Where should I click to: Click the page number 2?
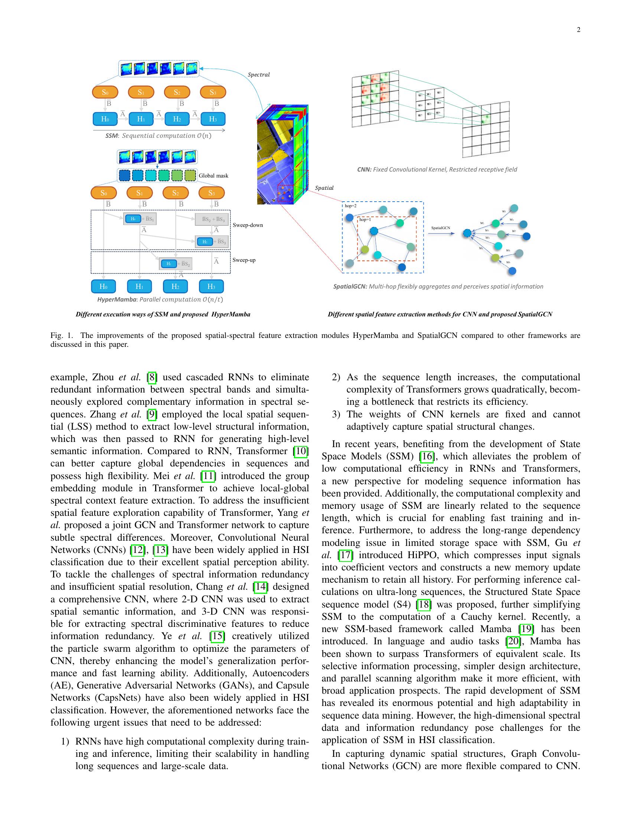pos(578,30)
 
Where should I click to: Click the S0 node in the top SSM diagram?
pos(105,92)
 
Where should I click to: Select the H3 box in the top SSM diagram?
pos(213,119)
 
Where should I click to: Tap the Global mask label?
pos(213,175)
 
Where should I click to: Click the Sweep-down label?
pos(248,225)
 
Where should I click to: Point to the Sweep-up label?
pos(244,260)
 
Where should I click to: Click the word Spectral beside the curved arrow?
pos(259,75)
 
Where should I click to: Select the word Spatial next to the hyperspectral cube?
pos(324,188)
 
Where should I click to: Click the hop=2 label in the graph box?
pos(351,206)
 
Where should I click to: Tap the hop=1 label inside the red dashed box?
pos(365,220)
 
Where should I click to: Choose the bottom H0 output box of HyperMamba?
pos(104,287)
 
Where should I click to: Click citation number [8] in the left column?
pos(152,377)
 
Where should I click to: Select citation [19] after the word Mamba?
pos(526,629)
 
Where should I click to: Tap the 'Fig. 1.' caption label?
pos(60,336)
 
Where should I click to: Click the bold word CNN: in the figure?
pos(364,169)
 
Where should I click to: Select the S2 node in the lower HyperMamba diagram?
pos(175,193)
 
